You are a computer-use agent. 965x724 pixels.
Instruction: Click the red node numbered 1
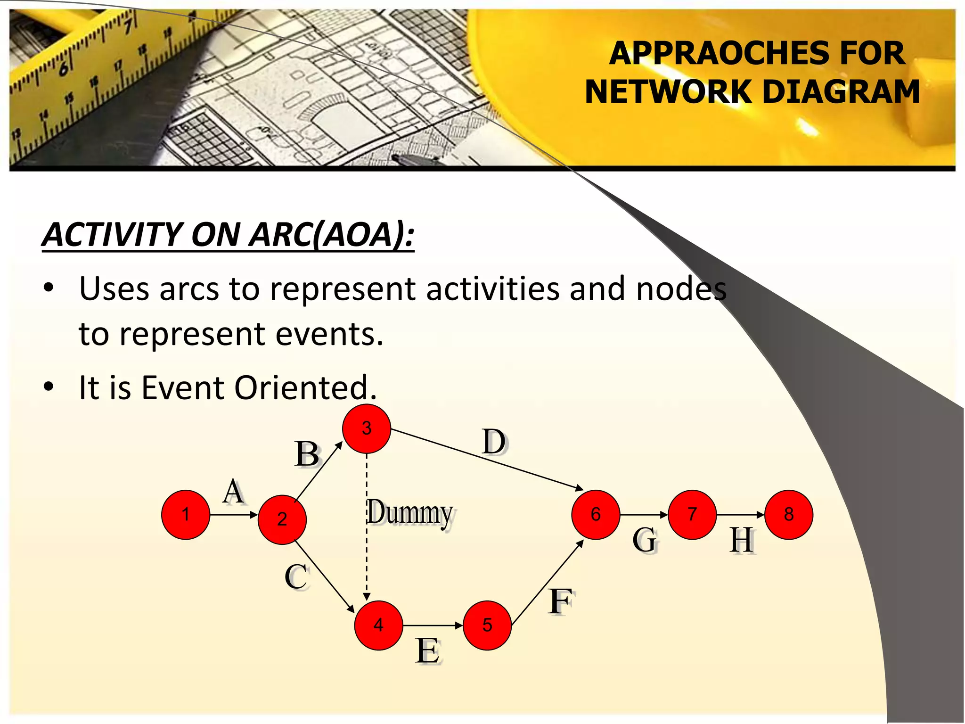tap(186, 514)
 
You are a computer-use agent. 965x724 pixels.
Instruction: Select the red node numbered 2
tap(282, 519)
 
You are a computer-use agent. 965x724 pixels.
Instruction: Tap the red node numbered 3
tap(367, 428)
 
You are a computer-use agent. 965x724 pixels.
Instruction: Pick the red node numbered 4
tap(378, 625)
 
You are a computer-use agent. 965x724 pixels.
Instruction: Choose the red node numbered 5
tap(487, 625)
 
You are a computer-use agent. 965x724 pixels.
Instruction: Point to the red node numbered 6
tap(596, 514)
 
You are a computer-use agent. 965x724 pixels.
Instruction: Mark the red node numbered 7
tap(692, 514)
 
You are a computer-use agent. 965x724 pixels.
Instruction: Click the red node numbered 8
tap(789, 514)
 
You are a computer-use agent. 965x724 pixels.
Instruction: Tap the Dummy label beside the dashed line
tap(410, 513)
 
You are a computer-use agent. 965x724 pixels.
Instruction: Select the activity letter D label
tap(494, 442)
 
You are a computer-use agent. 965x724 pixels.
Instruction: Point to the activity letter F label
tap(560, 601)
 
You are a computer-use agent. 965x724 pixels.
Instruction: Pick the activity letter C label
tap(296, 576)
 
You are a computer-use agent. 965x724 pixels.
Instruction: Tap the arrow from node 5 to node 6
tap(548, 583)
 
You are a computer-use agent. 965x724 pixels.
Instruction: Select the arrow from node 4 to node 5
tap(433, 625)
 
